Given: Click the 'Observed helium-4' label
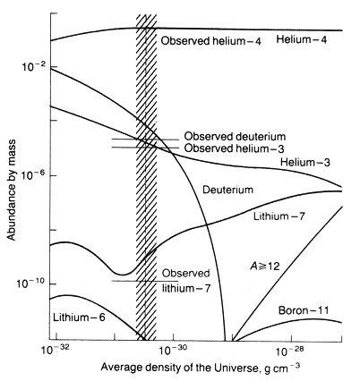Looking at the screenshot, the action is [x=211, y=41].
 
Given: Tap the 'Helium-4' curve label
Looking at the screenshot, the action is [x=302, y=39].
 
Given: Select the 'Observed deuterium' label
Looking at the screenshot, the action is [x=235, y=137].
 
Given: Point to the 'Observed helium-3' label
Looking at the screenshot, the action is [x=234, y=148].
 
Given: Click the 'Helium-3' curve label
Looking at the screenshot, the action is [x=305, y=163].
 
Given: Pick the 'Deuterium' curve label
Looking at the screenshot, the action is [x=227, y=190].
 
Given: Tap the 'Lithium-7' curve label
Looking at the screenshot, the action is [x=279, y=216].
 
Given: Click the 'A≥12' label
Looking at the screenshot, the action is [x=264, y=266].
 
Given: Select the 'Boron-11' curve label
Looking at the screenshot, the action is [x=304, y=310].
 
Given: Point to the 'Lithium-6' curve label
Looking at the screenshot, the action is [x=79, y=317].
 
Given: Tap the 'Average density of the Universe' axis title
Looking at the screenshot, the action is [x=201, y=367].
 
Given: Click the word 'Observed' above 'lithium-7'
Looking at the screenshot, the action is [x=185, y=273].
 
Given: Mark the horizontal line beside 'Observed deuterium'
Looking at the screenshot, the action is [x=145, y=140].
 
